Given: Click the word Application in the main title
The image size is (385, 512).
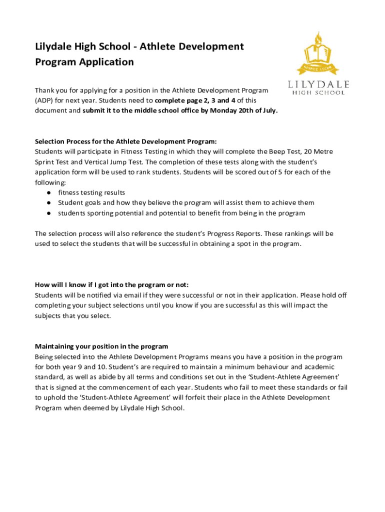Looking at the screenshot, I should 109,62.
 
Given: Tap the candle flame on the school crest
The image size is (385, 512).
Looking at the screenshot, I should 317,37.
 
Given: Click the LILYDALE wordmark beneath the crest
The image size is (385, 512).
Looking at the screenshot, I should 318,84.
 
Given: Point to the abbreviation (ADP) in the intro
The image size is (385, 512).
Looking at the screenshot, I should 43,100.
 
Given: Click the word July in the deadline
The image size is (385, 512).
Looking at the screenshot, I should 268,110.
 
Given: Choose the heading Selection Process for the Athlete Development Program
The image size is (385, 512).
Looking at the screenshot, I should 125,141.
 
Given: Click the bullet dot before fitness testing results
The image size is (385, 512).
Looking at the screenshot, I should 49,192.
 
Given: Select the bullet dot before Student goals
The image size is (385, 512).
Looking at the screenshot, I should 49,203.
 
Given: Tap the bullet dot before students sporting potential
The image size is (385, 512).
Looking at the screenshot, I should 49,213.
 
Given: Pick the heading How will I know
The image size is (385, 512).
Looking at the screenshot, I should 111,284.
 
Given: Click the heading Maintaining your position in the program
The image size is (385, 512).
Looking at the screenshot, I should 101,346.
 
